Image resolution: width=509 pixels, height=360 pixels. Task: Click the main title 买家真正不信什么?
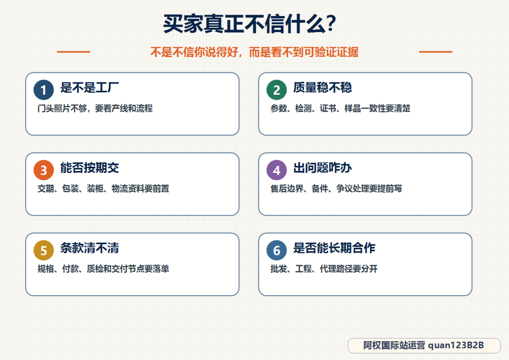249,24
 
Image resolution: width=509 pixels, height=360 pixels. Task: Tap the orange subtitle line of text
254,52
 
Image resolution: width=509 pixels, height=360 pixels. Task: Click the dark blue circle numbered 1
43,90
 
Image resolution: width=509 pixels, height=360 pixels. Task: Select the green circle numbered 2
277,90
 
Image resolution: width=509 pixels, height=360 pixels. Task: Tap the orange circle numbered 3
43,170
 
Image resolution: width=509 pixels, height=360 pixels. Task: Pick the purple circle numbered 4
277,170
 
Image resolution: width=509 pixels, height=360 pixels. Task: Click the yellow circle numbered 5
43,250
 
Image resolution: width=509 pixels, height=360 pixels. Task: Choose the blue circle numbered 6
277,250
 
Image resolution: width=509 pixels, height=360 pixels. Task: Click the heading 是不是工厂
90,87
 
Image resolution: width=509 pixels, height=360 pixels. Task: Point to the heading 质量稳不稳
323,87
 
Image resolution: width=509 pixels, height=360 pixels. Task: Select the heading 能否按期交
90,167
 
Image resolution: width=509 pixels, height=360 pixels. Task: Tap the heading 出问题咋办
323,167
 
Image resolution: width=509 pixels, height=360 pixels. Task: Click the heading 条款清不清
90,248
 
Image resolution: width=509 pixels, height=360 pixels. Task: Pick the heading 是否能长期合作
334,248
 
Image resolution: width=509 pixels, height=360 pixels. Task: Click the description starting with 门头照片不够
95,108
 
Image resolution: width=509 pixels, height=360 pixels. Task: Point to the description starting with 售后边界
337,188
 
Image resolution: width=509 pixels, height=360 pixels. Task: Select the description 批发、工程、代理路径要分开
324,269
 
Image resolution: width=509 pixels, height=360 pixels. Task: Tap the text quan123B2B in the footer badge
456,345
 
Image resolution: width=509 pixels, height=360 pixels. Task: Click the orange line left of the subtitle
74,52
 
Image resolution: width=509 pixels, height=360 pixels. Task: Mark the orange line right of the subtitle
435,52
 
